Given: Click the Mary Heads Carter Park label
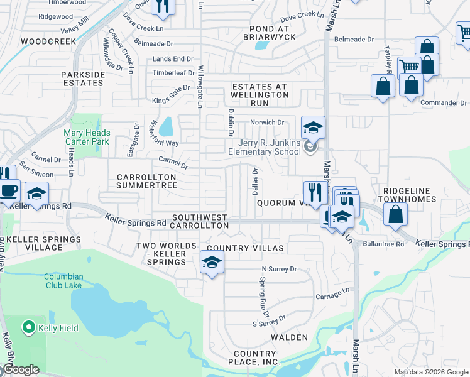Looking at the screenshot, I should coord(87,137).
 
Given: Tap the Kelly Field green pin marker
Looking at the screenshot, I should coord(28,327).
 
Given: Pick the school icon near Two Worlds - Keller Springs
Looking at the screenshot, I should coord(212,262).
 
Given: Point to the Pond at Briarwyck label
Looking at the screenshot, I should coord(268,33).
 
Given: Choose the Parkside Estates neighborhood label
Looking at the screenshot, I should coord(82,79).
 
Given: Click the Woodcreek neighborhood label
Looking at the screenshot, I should coord(48,41).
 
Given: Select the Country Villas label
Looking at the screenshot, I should coord(245,248).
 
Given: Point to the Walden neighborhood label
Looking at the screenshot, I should coord(289,337).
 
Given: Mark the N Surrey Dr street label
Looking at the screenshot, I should coord(278,269).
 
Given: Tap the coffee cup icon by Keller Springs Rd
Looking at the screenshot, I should coord(9,191).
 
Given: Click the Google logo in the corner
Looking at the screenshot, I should coord(20,369).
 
